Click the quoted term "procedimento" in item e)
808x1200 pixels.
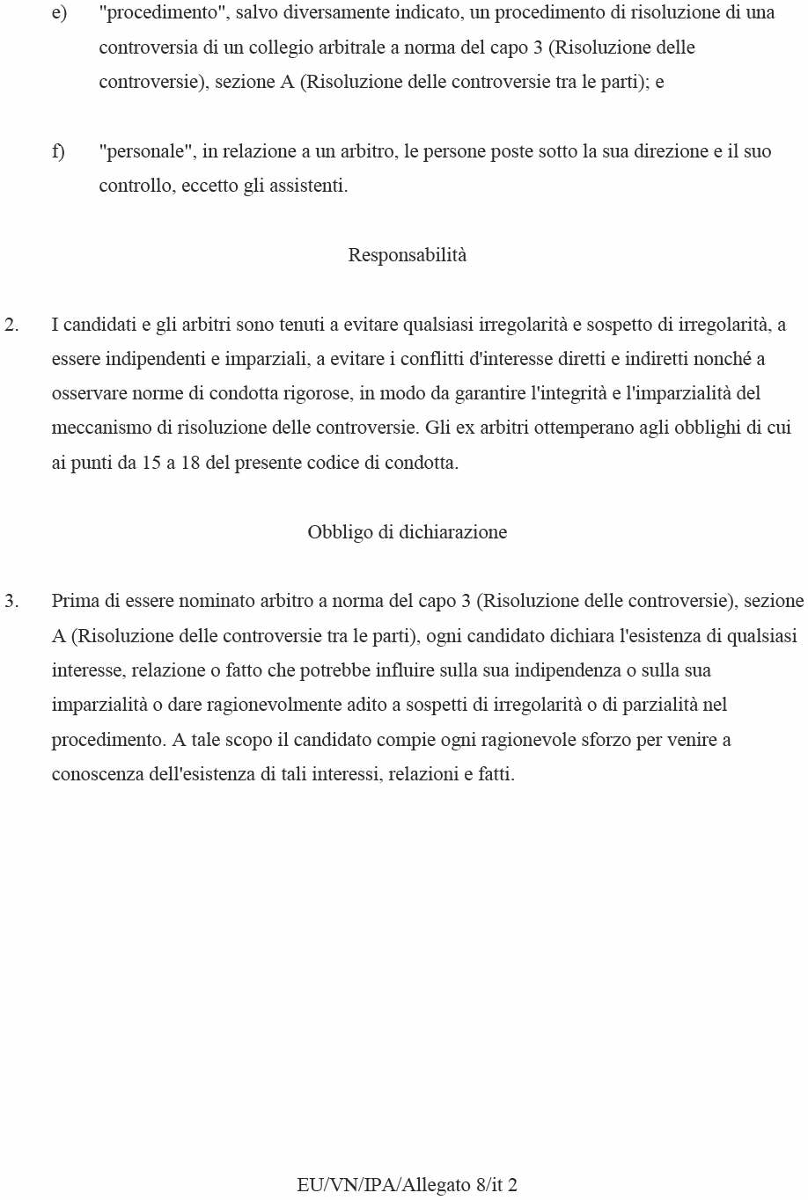[162, 13]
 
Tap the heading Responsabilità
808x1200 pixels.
[407, 255]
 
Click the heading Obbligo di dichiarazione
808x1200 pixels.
[407, 532]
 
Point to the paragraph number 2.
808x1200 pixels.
[11, 325]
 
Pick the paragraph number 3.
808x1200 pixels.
[11, 602]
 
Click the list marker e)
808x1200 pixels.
[59, 13]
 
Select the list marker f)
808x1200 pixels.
[58, 151]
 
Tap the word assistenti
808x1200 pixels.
[308, 187]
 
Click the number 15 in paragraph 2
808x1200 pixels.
[151, 463]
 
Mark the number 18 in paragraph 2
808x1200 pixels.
[190, 463]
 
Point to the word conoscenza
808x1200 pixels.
[95, 775]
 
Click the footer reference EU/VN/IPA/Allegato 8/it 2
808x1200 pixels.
[407, 1185]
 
